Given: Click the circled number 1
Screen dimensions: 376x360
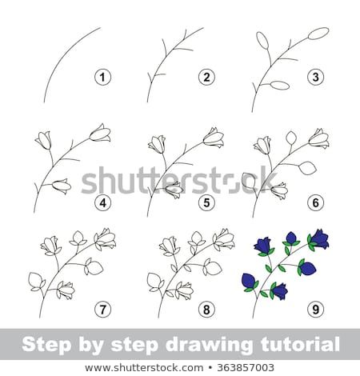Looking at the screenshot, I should (x=102, y=77).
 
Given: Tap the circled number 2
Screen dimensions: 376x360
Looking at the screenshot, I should (x=206, y=77).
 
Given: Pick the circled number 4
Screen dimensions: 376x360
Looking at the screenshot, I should (x=102, y=202).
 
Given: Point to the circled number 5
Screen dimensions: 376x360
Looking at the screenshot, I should (x=206, y=202).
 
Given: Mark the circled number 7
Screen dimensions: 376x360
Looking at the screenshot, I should (x=102, y=308).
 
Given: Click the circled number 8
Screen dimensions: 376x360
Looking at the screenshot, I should (x=206, y=308).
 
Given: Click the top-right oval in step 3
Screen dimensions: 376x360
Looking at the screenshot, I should (x=318, y=34).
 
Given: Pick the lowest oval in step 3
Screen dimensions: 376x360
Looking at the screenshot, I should (x=279, y=85).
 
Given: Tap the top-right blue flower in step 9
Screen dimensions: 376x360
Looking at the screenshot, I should (x=320, y=238).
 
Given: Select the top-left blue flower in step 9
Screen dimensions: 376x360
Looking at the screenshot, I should (x=263, y=244).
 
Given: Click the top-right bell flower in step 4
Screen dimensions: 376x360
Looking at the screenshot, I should (x=100, y=134).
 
